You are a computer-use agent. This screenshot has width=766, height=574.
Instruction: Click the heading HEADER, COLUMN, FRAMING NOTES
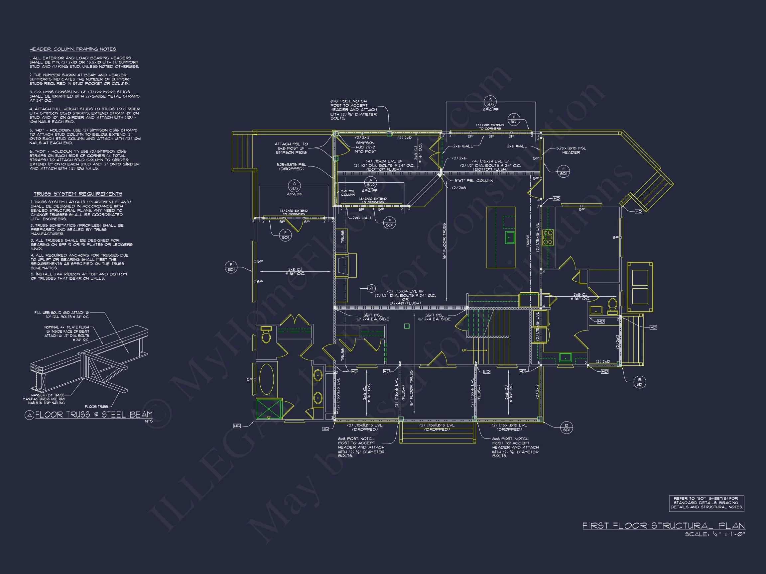pos(73,49)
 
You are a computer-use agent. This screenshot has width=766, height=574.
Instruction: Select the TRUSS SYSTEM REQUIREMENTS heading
pos(78,194)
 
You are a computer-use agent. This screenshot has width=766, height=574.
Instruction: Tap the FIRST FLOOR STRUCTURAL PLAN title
pos(663,526)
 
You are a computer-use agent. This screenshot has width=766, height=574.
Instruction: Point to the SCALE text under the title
pos(715,534)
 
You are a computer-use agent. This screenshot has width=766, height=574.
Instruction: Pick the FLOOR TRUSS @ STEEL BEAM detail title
pos(93,415)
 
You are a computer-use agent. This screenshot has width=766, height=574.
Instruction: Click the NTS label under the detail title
pos(149,421)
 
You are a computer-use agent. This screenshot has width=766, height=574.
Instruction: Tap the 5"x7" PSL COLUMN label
pos(474,181)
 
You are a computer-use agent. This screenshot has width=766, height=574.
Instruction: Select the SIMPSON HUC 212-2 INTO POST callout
pos(365,147)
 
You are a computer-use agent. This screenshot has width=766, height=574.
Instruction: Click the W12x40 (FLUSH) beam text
pos(405,303)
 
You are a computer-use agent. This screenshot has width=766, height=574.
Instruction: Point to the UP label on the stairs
pos(464,350)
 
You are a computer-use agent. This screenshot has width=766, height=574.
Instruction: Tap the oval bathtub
pos(266,379)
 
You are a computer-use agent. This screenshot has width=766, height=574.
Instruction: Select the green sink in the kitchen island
pos(510,238)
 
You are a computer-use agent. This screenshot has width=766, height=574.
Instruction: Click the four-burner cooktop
pos(548,238)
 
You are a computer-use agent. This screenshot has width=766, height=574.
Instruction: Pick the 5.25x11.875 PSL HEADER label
pos(571,150)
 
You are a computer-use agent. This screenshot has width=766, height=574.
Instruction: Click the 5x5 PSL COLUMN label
pos(348,193)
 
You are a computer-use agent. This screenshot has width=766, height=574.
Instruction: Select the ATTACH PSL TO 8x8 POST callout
pos(291,148)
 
